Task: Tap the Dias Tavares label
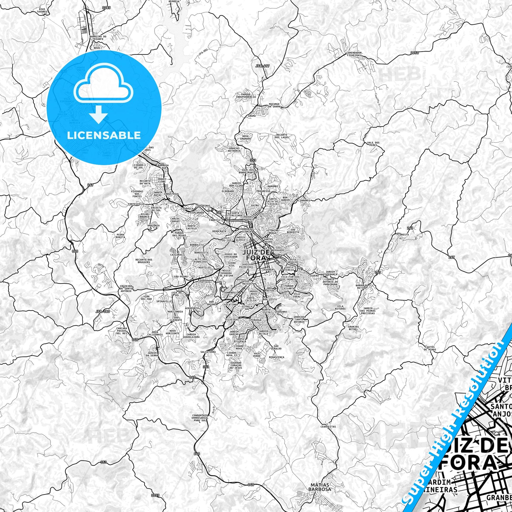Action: tap(44, 10)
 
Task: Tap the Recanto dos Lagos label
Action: tap(282, 136)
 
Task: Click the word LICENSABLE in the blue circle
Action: tap(104, 135)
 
